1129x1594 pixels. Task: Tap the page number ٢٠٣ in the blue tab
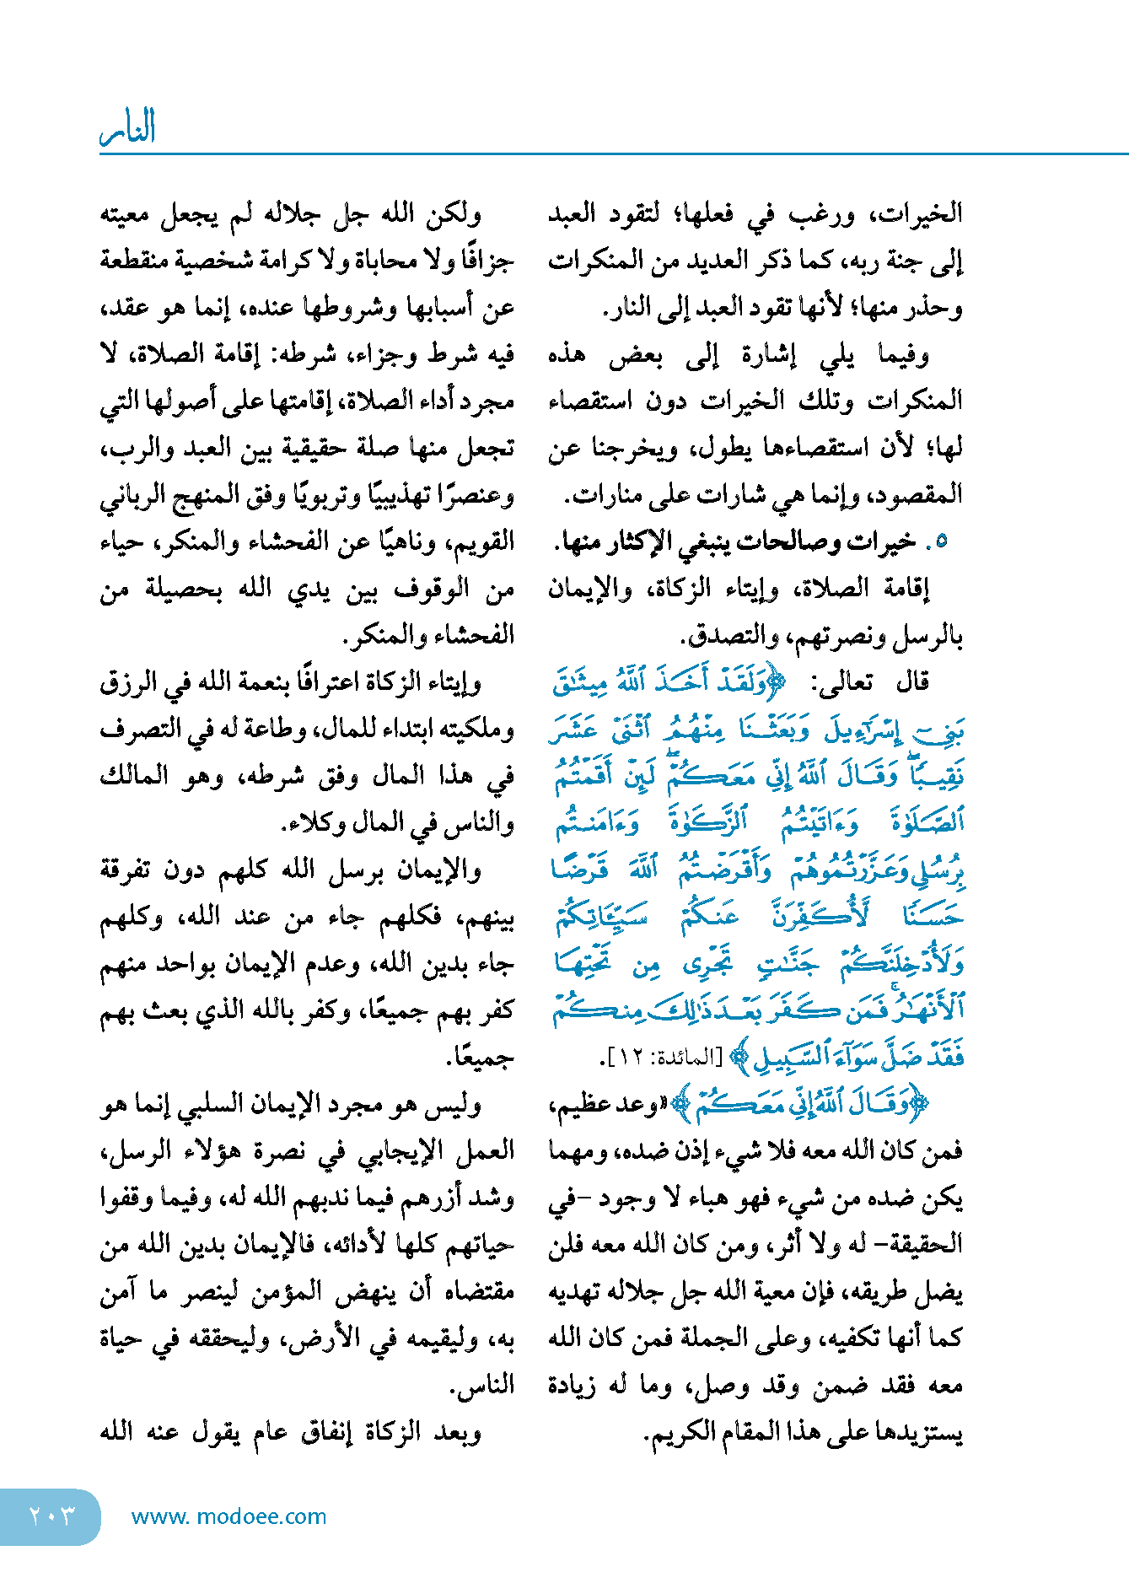tap(51, 1516)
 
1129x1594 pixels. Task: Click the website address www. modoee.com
tap(228, 1516)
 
